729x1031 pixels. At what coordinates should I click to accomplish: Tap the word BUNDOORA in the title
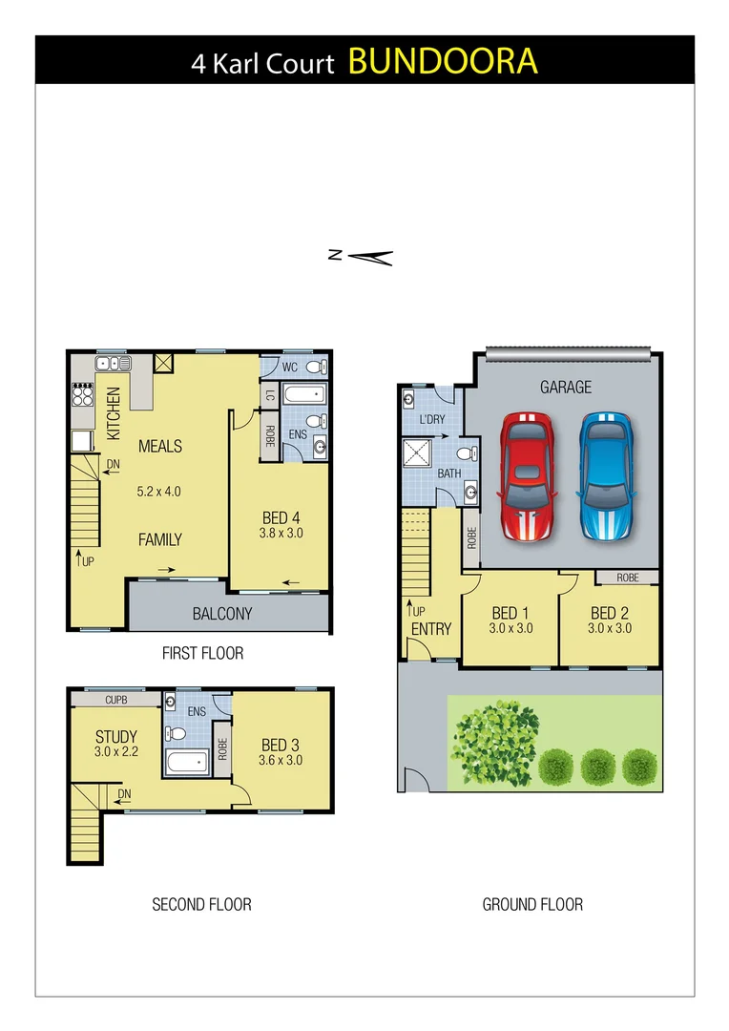443,61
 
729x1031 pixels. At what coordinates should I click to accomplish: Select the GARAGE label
566,387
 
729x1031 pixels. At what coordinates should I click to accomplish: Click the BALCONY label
222,614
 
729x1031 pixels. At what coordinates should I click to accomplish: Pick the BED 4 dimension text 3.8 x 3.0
281,534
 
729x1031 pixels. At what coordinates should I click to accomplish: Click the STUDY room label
115,737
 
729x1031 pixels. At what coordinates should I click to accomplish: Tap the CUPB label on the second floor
115,700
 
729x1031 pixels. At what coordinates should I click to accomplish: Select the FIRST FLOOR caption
201,653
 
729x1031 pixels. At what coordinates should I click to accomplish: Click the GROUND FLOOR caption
532,904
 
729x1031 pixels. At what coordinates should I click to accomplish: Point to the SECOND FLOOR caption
201,904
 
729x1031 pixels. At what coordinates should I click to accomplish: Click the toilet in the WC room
315,366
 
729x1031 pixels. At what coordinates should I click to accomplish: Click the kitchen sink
112,363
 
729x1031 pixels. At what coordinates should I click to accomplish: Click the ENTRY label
430,629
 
